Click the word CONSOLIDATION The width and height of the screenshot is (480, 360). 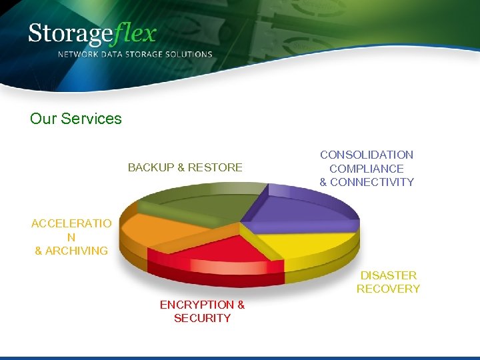click(x=367, y=155)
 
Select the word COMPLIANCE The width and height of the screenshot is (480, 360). click(x=367, y=169)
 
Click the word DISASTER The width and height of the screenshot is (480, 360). click(x=389, y=275)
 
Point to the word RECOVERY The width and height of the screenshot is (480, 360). click(x=389, y=289)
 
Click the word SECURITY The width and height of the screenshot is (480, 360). click(x=203, y=318)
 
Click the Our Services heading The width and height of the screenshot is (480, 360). click(x=76, y=119)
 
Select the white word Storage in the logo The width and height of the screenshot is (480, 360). click(x=72, y=33)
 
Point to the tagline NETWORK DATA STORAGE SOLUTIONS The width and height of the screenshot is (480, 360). click(x=135, y=55)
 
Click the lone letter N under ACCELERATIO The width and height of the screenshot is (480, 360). click(x=71, y=237)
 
